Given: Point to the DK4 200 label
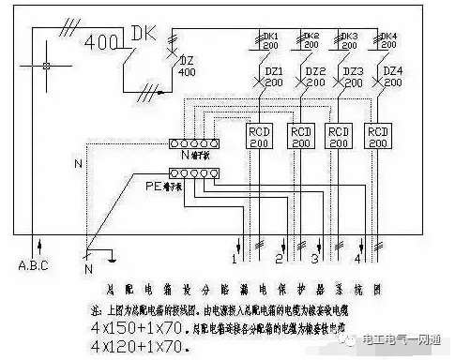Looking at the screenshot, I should click(388, 41).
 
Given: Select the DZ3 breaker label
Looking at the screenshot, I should click(353, 77).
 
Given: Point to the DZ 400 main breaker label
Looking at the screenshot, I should click(187, 67).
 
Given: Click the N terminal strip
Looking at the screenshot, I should click(194, 143).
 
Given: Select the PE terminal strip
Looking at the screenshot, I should click(194, 173).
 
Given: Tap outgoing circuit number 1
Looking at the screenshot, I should click(234, 255).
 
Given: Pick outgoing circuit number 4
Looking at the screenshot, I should click(361, 255).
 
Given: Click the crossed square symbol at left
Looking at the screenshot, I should click(46, 67).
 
